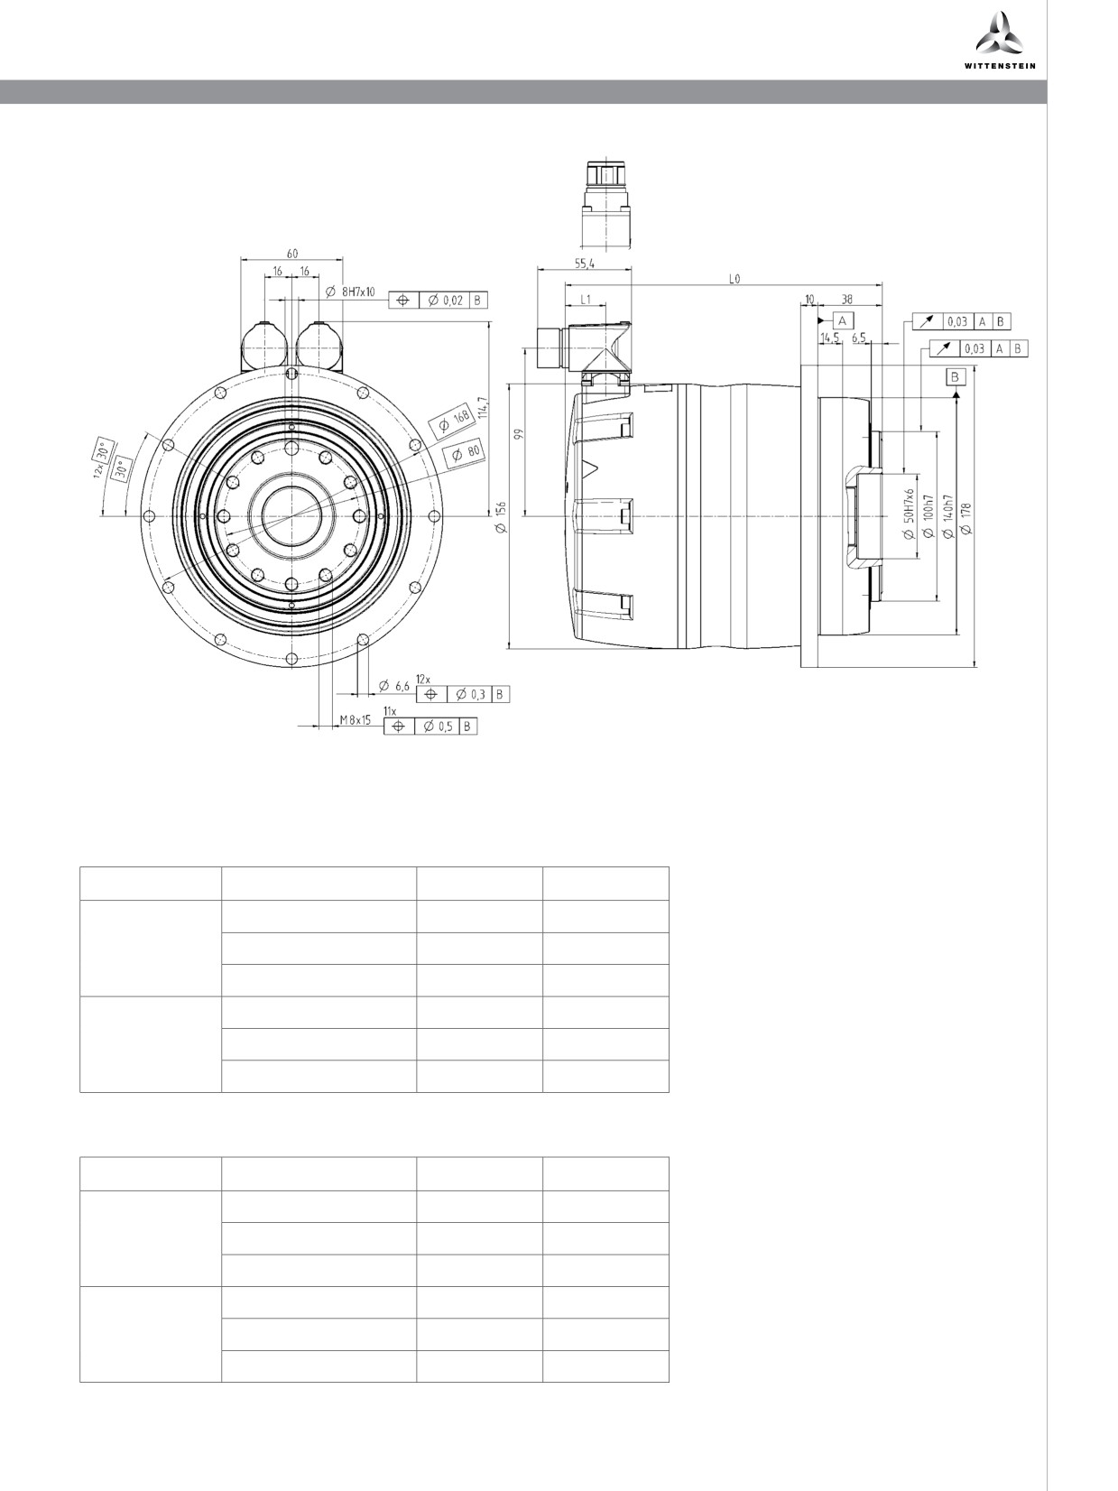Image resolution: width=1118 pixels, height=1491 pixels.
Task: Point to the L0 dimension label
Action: pos(735,279)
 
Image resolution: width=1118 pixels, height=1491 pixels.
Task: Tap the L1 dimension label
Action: pos(585,299)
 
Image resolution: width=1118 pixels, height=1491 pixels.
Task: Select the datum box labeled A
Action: pos(843,319)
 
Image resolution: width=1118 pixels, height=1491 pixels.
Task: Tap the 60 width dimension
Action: pos(291,254)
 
